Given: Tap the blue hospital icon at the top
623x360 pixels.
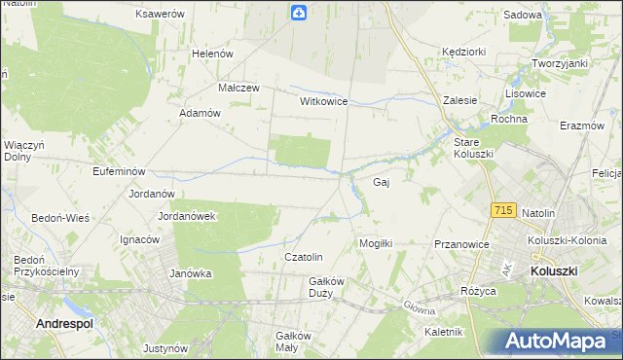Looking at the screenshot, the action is tap(298, 13).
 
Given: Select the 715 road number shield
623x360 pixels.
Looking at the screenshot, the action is tap(503, 210).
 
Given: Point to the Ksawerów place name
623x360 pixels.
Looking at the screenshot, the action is tap(161, 15).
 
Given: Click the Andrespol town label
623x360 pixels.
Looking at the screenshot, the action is tap(65, 322).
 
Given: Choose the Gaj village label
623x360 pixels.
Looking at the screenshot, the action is tap(382, 182).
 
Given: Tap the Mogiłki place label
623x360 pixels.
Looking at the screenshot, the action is tap(376, 243).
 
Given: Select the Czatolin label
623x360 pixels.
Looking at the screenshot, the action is tap(303, 257).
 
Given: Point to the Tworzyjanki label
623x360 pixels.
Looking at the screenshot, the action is tap(560, 63).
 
